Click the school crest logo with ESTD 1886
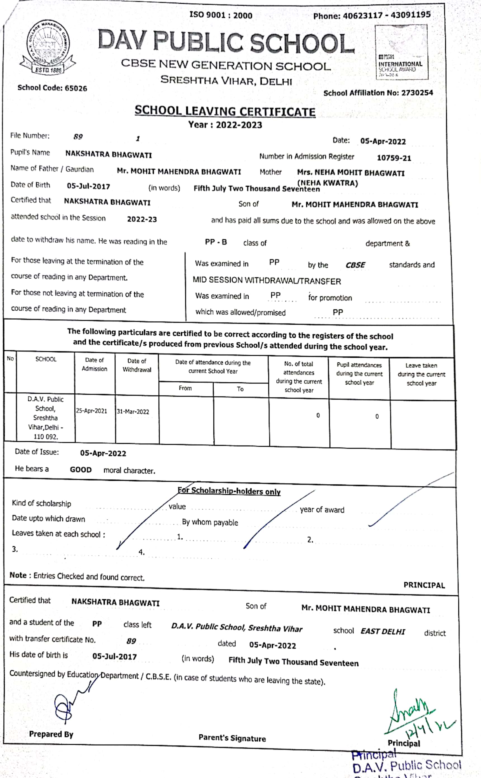(48, 47)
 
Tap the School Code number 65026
(76, 88)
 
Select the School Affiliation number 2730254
(417, 93)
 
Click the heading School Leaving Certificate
(225, 111)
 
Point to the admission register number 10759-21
(394, 158)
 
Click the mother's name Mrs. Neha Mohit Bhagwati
(351, 173)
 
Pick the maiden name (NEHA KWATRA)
(327, 183)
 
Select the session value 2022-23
(142, 219)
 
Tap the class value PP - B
(216, 242)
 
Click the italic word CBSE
(355, 265)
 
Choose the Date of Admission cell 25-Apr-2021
(91, 411)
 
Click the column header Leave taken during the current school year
(421, 374)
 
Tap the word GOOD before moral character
(81, 470)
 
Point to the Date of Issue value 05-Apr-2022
(103, 453)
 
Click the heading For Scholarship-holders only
(229, 491)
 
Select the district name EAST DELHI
(383, 632)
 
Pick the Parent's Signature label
(232, 738)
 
